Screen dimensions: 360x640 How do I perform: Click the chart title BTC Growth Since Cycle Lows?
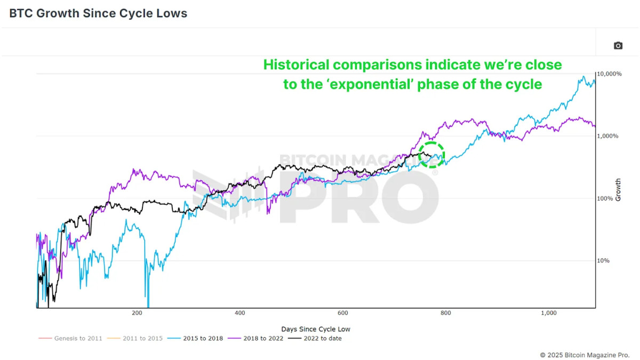pyautogui.click(x=98, y=13)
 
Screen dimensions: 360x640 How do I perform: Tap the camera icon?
pyautogui.click(x=618, y=46)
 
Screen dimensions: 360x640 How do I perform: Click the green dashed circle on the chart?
pyautogui.click(x=431, y=155)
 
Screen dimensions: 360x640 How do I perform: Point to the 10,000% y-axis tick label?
pyautogui.click(x=610, y=74)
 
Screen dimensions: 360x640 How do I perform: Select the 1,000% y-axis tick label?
pyautogui.click(x=608, y=136)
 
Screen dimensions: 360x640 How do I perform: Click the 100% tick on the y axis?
pyautogui.click(x=606, y=198)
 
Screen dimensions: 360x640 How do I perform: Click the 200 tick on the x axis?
pyautogui.click(x=137, y=313)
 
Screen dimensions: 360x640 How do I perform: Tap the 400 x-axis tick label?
pyautogui.click(x=239, y=313)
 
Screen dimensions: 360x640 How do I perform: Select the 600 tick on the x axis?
pyautogui.click(x=342, y=313)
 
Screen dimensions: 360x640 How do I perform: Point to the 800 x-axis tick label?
pyautogui.click(x=445, y=313)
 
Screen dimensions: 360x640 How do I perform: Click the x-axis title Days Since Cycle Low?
pyautogui.click(x=316, y=329)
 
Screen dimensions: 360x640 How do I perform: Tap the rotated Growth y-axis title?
pyautogui.click(x=619, y=190)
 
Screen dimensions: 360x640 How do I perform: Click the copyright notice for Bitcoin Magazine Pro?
pyautogui.click(x=585, y=355)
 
